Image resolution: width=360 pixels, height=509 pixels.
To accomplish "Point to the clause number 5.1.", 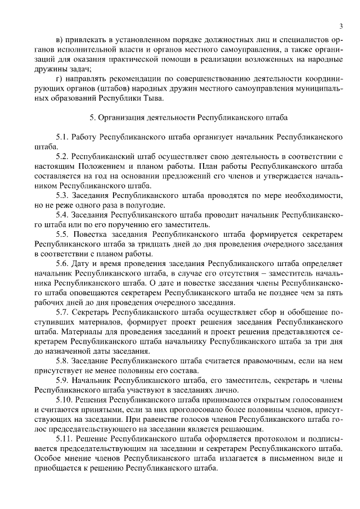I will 62,137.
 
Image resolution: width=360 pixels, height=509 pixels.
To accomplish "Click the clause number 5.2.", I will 62,156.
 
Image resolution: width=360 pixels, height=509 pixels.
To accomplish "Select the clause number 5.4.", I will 62,215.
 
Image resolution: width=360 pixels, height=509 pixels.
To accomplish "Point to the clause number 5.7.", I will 62,312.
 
